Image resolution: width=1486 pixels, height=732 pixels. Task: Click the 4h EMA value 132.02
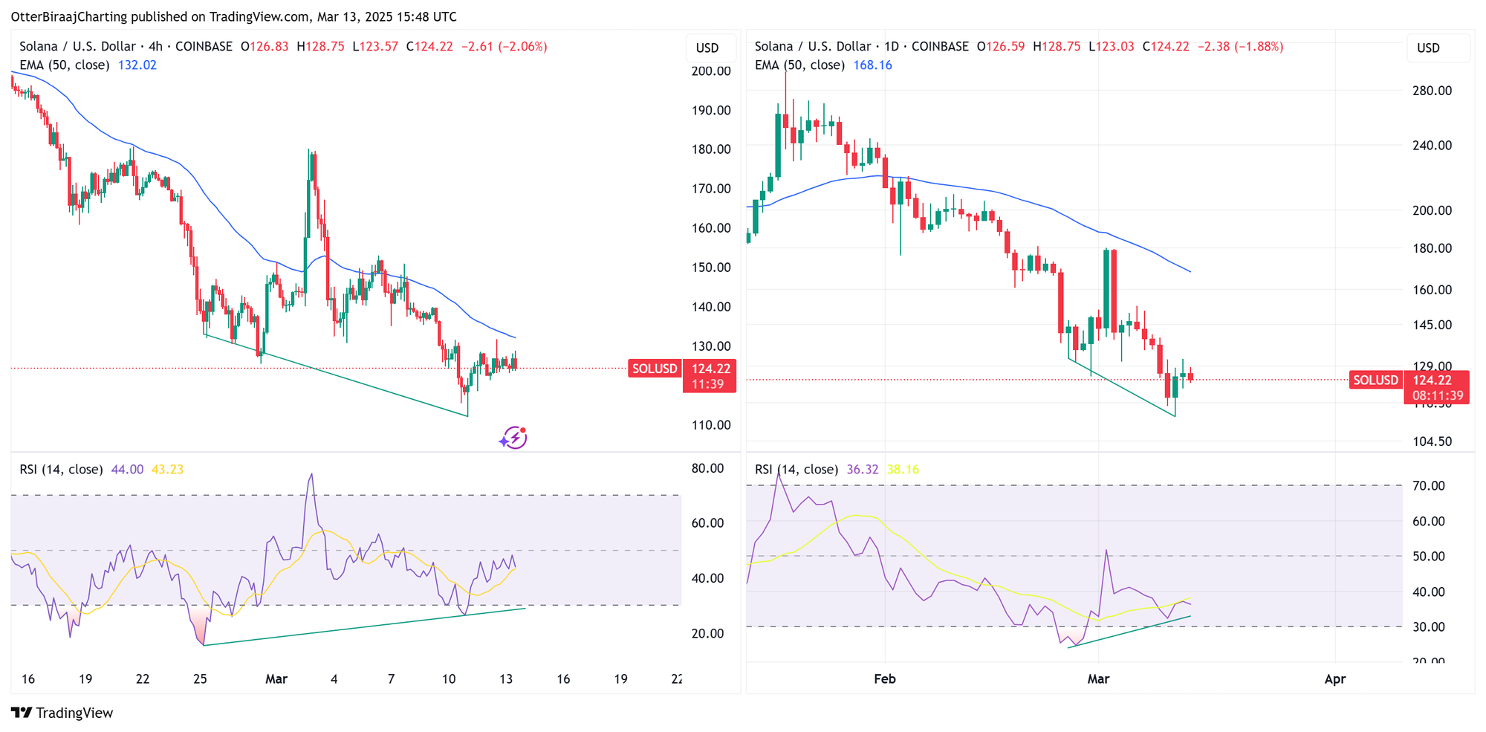137,65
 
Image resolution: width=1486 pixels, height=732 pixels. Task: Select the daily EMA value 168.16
872,65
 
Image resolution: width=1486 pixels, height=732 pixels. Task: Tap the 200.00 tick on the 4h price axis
711,71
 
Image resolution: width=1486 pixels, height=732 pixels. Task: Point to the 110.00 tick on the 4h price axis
711,425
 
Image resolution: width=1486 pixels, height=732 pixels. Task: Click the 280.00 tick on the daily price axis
1432,91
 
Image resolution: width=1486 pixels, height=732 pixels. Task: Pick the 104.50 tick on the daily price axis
1432,441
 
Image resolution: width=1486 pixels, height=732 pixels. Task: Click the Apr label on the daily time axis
1335,678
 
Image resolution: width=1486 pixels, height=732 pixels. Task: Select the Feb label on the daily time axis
885,678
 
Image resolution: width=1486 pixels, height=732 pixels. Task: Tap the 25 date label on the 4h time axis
200,678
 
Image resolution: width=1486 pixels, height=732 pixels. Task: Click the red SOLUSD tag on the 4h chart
655,369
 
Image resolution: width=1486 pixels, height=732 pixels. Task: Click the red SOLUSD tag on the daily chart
1375,380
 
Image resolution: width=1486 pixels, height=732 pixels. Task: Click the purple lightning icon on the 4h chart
513,438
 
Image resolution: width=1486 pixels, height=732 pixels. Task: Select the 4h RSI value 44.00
127,470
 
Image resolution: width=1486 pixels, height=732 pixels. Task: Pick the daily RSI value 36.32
863,470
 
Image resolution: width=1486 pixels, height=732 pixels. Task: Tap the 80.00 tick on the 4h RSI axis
707,468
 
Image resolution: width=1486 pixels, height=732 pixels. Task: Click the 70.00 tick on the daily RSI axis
1428,486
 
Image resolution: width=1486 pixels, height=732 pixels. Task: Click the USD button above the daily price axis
1428,48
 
